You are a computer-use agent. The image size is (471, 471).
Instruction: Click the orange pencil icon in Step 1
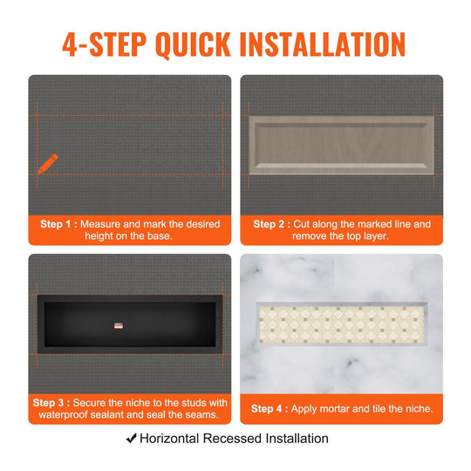pos(48,164)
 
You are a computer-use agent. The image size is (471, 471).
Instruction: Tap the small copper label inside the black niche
pos(119,325)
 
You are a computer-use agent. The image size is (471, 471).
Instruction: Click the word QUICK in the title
pos(193,44)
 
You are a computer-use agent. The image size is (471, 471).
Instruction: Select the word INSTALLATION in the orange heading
pos(323,44)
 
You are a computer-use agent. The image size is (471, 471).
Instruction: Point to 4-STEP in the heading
pos(105,44)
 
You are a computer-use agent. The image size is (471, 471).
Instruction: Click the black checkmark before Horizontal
pos(131,438)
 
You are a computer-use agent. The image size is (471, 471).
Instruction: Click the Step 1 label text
pos(58,224)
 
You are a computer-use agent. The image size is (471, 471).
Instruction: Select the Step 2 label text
pos(271,224)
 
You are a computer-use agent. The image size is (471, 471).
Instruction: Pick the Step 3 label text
pos(51,403)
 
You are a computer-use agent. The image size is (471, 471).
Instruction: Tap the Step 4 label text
pos(270,409)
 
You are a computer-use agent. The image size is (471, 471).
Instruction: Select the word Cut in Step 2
pos(300,224)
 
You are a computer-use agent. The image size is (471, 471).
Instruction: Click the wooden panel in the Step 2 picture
pos(341,145)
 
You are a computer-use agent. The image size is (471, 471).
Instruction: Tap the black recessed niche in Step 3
pos(130,324)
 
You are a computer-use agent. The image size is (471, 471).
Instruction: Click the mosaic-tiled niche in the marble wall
pos(342,324)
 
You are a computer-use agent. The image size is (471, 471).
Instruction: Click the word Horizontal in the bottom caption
pos(170,439)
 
